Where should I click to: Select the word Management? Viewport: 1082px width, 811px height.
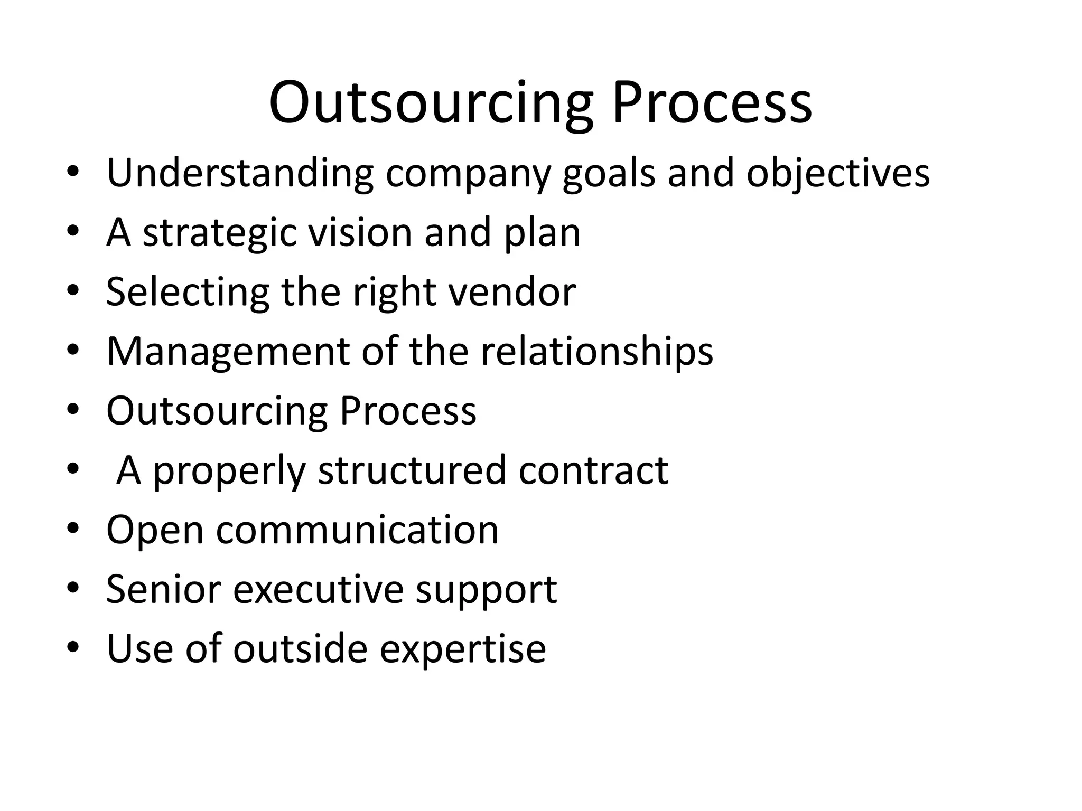(x=228, y=352)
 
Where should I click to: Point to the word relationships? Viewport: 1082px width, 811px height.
(x=596, y=352)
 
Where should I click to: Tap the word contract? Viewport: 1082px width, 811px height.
(x=593, y=470)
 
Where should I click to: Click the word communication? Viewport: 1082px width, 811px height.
(x=357, y=530)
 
